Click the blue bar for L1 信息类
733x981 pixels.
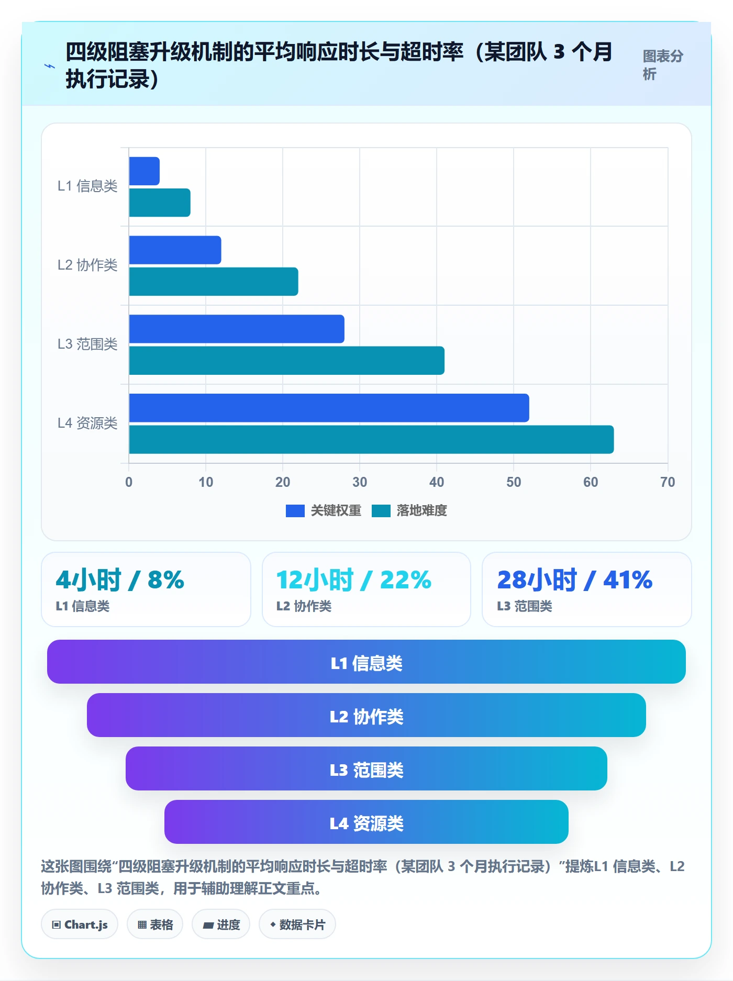[144, 171]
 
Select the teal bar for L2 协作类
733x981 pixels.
[214, 282]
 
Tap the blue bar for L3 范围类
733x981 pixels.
[237, 329]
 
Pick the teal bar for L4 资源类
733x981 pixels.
[371, 439]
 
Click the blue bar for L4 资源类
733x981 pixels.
[329, 408]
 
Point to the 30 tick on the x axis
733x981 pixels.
[360, 482]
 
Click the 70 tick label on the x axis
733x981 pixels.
[668, 482]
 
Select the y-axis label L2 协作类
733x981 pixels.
[87, 265]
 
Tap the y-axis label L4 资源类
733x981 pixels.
[87, 423]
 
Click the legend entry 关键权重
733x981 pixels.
[324, 510]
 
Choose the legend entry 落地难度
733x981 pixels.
[409, 510]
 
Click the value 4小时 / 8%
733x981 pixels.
[120, 580]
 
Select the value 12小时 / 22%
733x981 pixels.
[354, 580]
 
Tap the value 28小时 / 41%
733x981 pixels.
[575, 580]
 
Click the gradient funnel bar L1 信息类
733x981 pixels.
[366, 662]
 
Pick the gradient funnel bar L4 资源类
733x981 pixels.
[366, 822]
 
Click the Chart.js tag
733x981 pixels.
[80, 924]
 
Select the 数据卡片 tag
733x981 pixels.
[297, 924]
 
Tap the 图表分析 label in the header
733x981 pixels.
[663, 65]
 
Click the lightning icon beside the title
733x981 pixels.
[50, 66]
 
